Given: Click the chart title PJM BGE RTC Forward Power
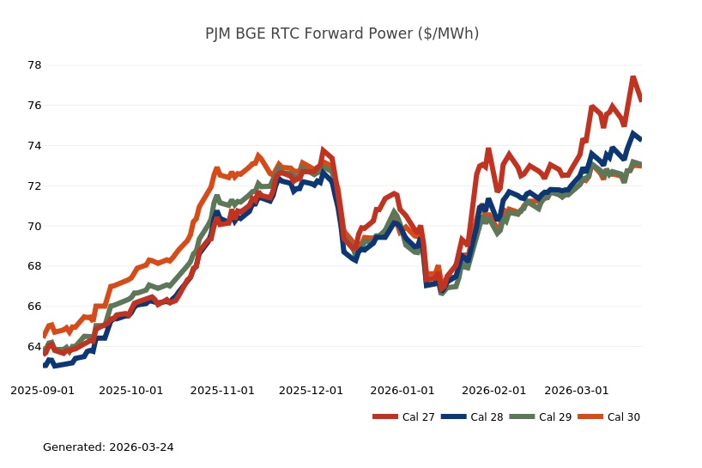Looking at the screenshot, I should click(342, 33).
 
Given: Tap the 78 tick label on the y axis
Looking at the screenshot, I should click(34, 65).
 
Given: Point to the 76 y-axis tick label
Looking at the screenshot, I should click(34, 106).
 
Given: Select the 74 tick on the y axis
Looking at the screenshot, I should click(34, 146).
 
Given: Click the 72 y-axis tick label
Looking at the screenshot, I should click(34, 186).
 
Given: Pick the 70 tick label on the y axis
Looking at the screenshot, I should click(34, 227).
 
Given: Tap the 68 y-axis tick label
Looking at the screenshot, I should click(34, 266).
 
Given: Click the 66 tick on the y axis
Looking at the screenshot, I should click(34, 307).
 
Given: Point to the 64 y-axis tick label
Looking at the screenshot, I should click(34, 347).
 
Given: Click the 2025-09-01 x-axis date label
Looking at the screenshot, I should click(42, 390).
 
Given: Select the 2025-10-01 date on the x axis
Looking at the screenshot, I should click(131, 390).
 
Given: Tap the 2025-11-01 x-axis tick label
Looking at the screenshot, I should click(222, 390).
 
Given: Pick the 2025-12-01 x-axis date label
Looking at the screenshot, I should click(312, 390).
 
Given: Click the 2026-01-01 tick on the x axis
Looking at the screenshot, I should click(402, 390).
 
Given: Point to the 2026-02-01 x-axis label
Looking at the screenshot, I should click(494, 390).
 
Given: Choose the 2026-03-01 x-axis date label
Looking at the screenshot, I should click(577, 390).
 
